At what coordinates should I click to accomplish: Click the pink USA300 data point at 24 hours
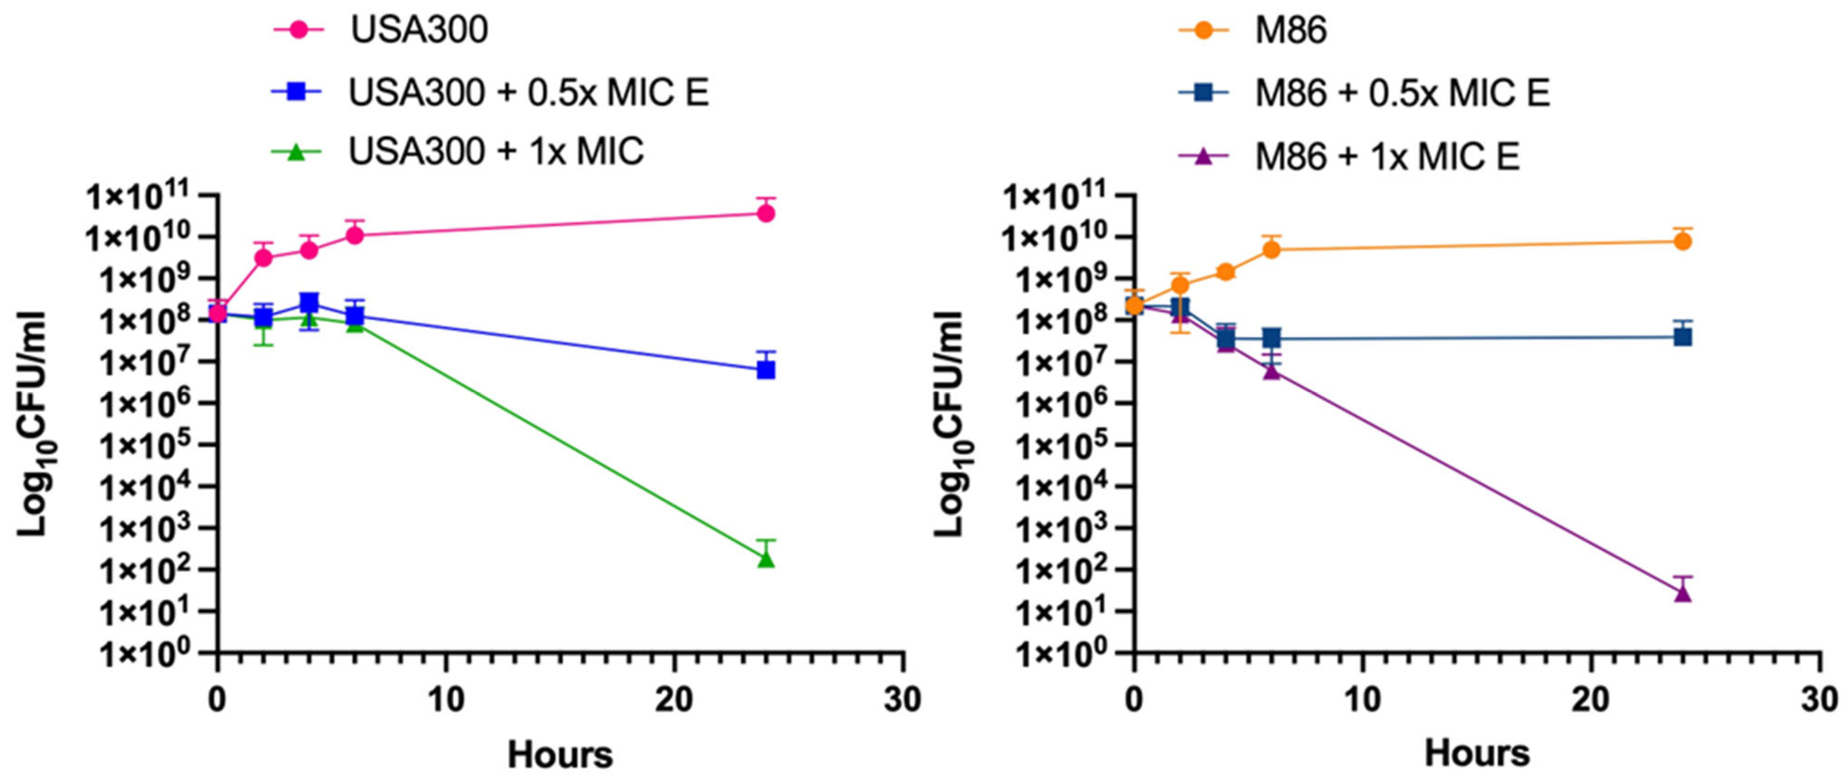(766, 213)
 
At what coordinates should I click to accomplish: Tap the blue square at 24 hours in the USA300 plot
(766, 370)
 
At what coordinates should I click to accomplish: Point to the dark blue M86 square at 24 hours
(1683, 336)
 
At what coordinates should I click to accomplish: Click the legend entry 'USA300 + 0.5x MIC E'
(528, 93)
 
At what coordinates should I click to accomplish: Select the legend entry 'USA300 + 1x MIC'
(495, 151)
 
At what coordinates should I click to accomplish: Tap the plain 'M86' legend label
(1291, 30)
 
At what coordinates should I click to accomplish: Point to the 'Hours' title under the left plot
(560, 755)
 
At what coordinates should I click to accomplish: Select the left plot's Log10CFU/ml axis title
(32, 423)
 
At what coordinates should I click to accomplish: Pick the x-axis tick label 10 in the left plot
(446, 699)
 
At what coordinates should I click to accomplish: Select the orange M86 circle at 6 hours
(1271, 250)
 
